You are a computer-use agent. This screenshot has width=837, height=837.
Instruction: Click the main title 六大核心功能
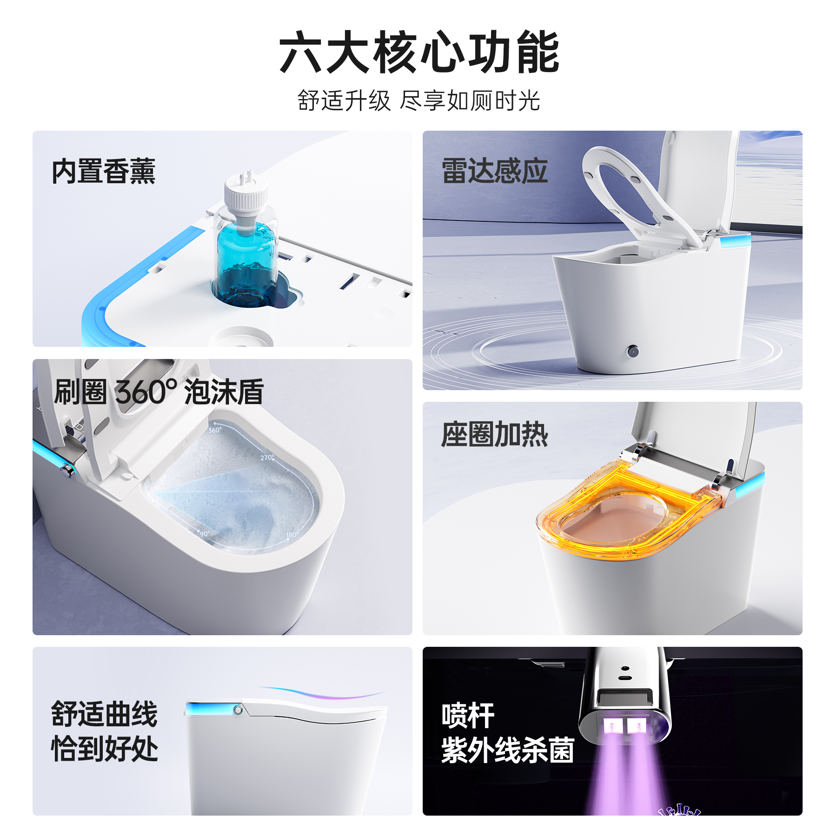(418, 52)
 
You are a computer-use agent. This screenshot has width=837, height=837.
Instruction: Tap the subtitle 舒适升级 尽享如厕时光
(418, 101)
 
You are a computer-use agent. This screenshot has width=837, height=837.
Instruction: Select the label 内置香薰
(103, 171)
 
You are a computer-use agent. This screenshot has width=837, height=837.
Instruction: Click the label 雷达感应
(494, 171)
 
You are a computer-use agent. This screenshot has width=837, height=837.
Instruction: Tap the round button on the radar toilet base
(632, 351)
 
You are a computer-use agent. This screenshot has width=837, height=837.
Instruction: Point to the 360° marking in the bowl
(215, 430)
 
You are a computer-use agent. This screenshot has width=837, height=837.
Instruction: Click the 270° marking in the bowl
(267, 458)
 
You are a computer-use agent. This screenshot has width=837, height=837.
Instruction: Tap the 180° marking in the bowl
(292, 535)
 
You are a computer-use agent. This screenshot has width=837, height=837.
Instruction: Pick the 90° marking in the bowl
(205, 534)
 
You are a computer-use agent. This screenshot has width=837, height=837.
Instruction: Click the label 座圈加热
(494, 434)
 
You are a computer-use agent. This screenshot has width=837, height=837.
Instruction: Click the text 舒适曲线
(104, 714)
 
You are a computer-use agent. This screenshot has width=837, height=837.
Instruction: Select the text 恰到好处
(104, 749)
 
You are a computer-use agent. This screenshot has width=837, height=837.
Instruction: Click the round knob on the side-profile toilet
(238, 710)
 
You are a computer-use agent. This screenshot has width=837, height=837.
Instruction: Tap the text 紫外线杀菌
(508, 750)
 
